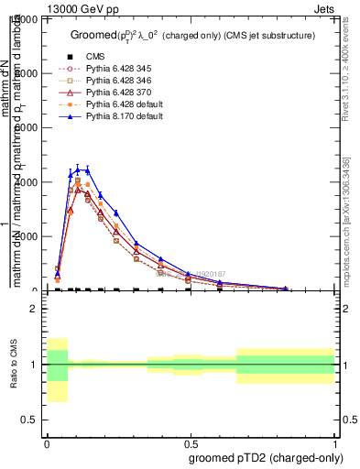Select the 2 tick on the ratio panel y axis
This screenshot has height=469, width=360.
(36, 310)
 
